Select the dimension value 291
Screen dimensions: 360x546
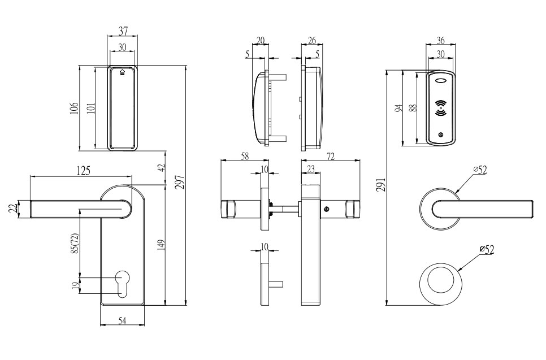tap(382, 184)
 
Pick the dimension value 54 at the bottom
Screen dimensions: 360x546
tap(122, 320)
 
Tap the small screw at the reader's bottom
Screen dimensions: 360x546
tap(441, 135)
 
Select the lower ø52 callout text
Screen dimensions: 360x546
tap(486, 249)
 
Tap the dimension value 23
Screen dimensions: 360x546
tap(310, 168)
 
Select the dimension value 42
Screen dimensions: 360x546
tap(161, 167)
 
